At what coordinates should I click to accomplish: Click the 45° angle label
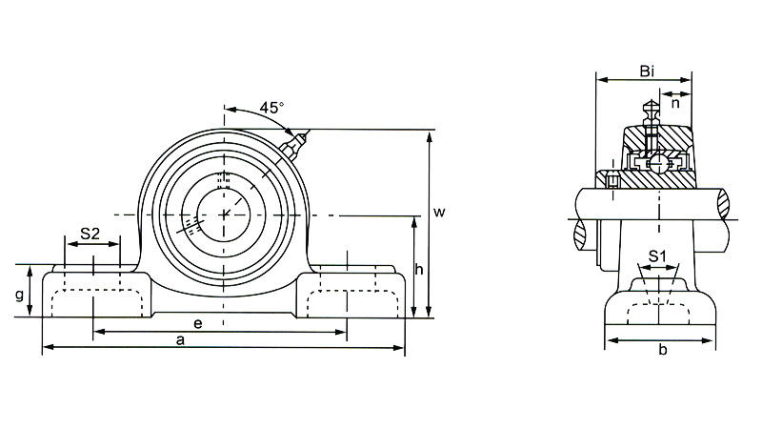(x=271, y=108)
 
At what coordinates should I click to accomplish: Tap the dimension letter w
(x=439, y=213)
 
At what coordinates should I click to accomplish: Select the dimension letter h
(x=419, y=270)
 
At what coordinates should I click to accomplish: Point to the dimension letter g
(x=20, y=295)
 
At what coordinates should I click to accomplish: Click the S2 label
(x=90, y=233)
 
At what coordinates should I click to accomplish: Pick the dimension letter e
(x=198, y=323)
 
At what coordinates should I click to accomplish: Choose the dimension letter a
(x=182, y=339)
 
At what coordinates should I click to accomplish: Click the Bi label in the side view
(x=648, y=72)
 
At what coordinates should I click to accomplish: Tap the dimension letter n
(x=674, y=100)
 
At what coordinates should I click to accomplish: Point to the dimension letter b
(x=662, y=351)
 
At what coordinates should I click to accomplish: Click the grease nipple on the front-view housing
(x=294, y=145)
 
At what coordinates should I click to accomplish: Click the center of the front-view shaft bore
(x=225, y=212)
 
